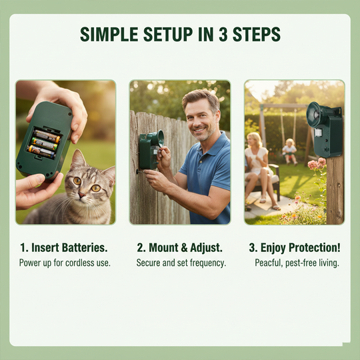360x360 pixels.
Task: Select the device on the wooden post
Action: tap(325, 127)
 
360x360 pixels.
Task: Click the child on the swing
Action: tap(289, 149)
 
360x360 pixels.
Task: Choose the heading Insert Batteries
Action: tap(65, 247)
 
